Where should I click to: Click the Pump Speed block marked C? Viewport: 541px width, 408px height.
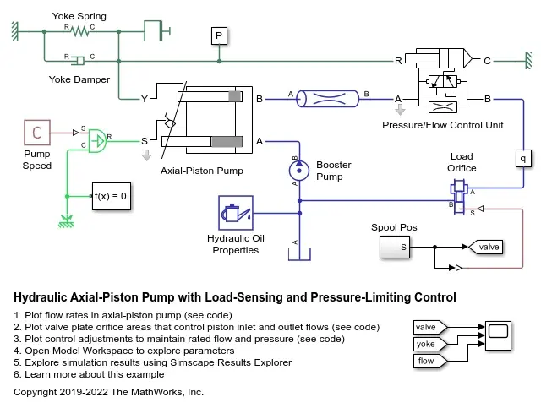[x=37, y=133]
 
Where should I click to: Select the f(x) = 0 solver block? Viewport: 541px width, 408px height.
[x=112, y=196]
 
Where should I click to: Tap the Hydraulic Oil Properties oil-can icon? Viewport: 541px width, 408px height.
[x=236, y=213]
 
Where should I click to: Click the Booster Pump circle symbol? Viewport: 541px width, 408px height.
[x=299, y=171]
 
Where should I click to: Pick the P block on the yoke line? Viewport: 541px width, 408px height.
[x=219, y=36]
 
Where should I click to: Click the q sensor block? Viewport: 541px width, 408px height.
[x=523, y=158]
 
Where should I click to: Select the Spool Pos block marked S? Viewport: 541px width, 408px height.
[x=395, y=248]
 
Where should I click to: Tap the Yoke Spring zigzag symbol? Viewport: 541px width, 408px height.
[x=79, y=32]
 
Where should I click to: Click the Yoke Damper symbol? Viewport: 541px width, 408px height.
[x=79, y=61]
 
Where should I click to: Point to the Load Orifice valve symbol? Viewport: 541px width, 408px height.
[x=459, y=196]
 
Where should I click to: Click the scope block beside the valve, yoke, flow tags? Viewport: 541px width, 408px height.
[x=498, y=335]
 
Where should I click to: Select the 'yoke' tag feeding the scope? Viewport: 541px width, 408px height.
[x=430, y=344]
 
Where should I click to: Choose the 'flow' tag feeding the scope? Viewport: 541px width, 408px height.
[x=430, y=361]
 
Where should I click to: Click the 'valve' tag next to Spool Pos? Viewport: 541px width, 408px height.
[x=485, y=247]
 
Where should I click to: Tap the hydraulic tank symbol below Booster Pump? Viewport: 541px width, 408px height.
[x=299, y=254]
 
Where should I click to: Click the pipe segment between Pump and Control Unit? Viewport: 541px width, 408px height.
[x=328, y=99]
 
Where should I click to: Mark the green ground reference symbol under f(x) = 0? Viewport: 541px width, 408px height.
[x=67, y=222]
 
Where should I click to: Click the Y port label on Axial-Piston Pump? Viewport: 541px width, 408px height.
[x=145, y=99]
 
